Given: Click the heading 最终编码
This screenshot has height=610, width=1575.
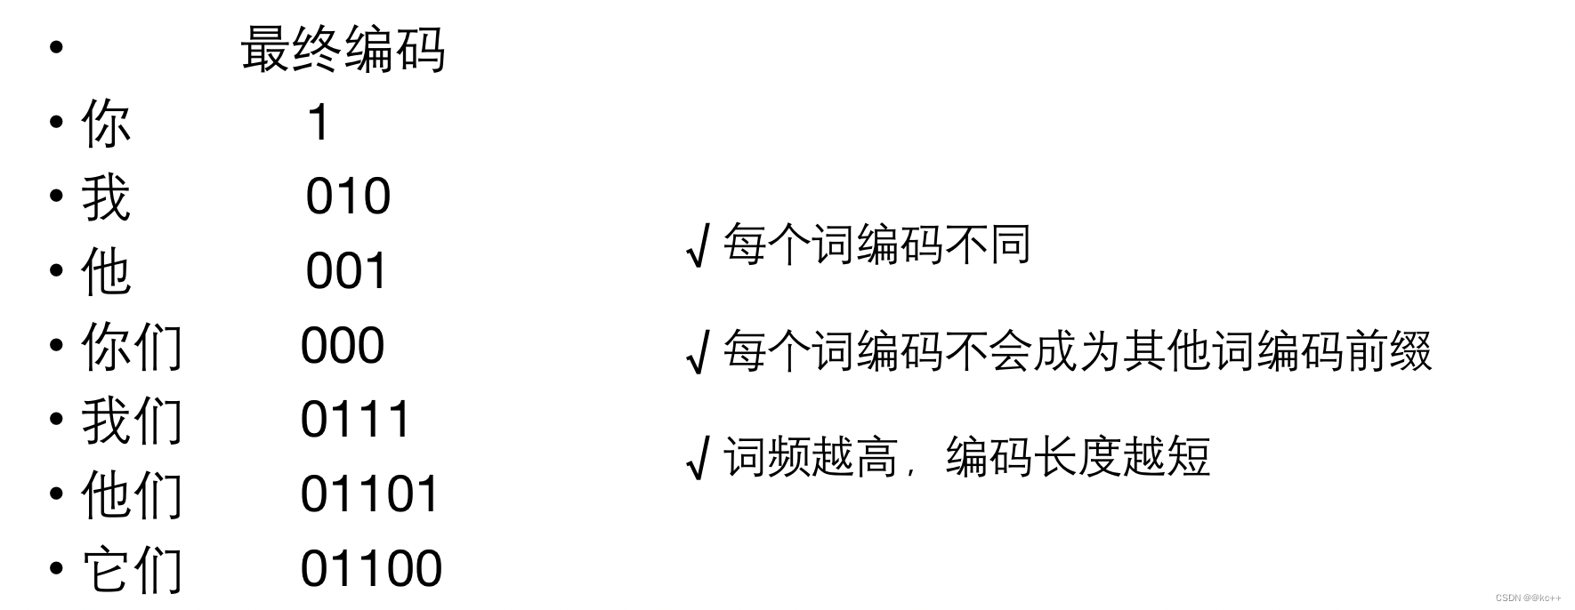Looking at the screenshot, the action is click(343, 50).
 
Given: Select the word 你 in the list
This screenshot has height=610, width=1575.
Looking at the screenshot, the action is click(106, 124).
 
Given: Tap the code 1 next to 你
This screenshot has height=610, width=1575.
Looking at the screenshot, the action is click(319, 123).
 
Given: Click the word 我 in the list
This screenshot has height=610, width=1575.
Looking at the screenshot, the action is click(106, 197).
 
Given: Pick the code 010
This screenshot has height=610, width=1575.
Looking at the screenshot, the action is click(348, 197).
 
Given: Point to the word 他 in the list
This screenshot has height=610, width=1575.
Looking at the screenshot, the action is click(106, 272).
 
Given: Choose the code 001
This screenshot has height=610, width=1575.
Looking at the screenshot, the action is click(347, 271).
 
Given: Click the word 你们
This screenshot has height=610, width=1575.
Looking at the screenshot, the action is click(132, 346).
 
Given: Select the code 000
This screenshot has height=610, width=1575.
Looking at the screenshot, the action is click(343, 345).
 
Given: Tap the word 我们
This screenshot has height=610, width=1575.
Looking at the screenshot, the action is click(132, 421).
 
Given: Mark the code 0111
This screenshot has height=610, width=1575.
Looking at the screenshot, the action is click(355, 420).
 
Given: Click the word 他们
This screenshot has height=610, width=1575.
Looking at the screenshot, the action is click(132, 494).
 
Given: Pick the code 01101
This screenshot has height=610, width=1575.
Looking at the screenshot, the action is click(370, 494).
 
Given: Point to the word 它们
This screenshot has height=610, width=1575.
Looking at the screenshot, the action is click(132, 569).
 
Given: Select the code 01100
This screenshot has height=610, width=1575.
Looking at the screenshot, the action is click(371, 568).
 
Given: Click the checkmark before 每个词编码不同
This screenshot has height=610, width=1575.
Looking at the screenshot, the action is click(699, 246).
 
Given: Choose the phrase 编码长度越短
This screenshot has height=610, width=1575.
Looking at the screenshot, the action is click(1078, 457).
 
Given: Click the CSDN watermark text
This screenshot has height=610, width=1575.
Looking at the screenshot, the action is click(1528, 598).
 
